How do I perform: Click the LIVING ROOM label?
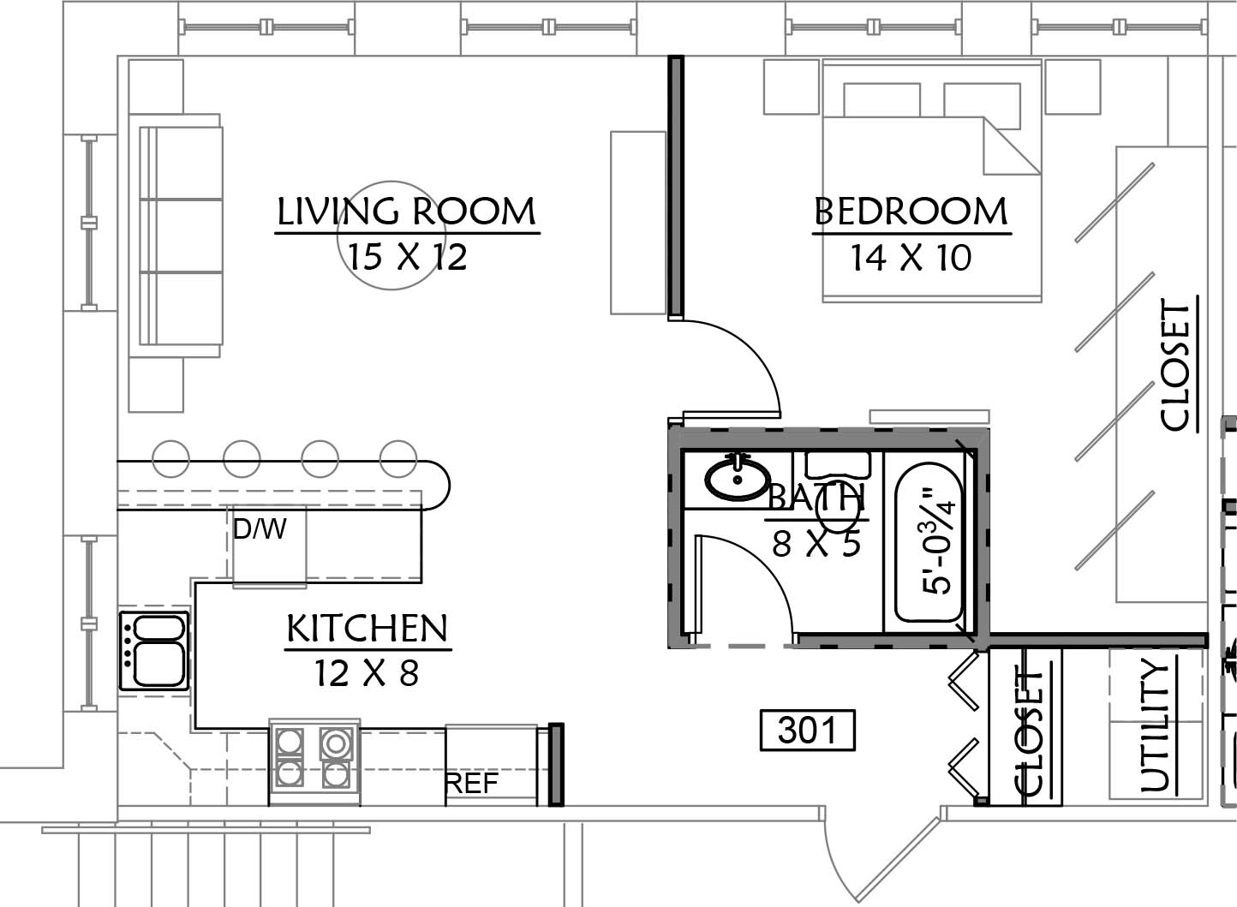[406, 212]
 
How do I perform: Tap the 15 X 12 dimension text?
[407, 257]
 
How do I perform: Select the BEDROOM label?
[911, 212]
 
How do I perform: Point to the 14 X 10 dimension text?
[911, 258]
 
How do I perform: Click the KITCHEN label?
[368, 629]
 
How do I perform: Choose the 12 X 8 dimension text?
[367, 673]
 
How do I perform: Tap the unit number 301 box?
[807, 731]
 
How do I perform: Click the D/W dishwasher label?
[260, 529]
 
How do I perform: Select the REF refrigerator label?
[471, 783]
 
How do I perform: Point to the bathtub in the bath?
[929, 542]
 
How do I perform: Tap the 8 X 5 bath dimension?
[816, 544]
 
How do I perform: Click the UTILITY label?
[1155, 725]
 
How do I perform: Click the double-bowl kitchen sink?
[154, 650]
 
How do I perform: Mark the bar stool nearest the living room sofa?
[170, 459]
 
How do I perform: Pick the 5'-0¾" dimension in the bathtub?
[938, 540]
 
